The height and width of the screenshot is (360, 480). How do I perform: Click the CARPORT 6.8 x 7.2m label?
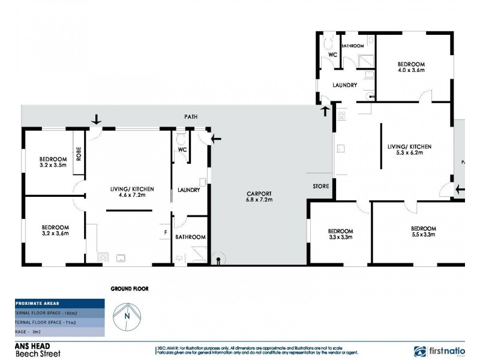click(260, 196)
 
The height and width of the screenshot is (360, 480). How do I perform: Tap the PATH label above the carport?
click(191, 117)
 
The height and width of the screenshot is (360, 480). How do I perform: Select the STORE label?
click(321, 187)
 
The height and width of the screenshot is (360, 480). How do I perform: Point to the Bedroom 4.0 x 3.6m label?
click(411, 67)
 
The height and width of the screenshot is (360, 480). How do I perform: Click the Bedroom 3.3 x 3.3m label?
click(340, 234)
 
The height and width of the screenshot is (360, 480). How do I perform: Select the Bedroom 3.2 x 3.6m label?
click(55, 230)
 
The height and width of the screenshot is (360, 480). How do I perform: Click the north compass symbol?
click(127, 315)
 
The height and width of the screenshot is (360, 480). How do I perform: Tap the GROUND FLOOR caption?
click(129, 289)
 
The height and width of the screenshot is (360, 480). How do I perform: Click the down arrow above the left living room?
click(95, 121)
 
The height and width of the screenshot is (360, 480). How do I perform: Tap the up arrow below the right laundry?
click(326, 111)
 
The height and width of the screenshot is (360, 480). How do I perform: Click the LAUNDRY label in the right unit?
click(346, 85)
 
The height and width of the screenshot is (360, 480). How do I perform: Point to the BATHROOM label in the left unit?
click(191, 237)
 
